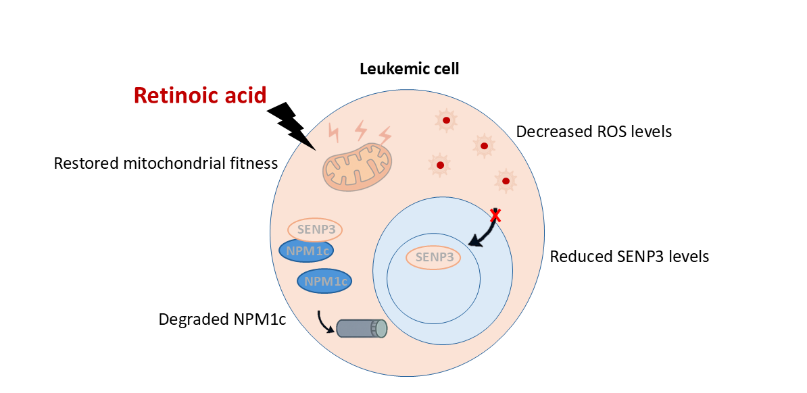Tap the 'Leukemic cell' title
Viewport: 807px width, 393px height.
(410, 68)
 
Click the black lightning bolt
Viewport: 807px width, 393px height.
(292, 125)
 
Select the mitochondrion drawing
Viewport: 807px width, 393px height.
(357, 167)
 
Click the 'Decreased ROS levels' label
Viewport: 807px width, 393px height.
(593, 131)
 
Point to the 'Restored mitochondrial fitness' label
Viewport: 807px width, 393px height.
(166, 163)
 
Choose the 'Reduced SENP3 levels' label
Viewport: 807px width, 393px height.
(629, 257)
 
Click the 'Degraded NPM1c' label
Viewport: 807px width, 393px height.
(222, 319)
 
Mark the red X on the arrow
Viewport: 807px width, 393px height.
(496, 215)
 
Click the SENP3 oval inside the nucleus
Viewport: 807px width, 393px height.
(433, 257)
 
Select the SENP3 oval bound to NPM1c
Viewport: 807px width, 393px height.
(315, 229)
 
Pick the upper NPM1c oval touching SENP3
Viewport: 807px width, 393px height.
(306, 251)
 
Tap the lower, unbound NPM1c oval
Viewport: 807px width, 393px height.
(325, 281)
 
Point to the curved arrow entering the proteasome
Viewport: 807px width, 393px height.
(324, 323)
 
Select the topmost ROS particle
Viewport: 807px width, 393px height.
(446, 121)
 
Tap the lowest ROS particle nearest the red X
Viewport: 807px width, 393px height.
(505, 180)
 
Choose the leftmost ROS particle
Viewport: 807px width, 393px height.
(440, 165)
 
